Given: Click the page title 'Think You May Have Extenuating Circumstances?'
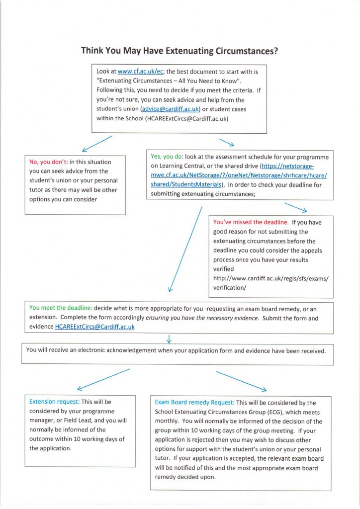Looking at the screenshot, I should point(180,51).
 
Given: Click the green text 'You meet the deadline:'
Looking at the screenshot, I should point(60,308).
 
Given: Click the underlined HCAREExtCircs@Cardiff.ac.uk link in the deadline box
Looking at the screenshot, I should point(94,327).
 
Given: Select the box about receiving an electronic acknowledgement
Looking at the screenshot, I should point(177,351).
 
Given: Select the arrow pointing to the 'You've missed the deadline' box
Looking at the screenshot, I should point(295,207).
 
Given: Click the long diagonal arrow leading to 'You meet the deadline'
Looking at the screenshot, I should point(185,249).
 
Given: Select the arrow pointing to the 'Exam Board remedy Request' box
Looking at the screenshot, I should point(241,381).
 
